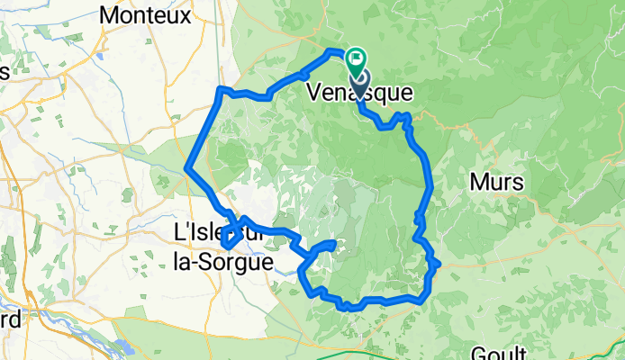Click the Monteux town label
(x=146, y=15)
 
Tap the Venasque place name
(x=359, y=92)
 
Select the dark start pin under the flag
(x=358, y=84)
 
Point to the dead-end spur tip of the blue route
(x=335, y=243)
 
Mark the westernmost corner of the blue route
(x=186, y=168)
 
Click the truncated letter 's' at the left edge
(x=5, y=72)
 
